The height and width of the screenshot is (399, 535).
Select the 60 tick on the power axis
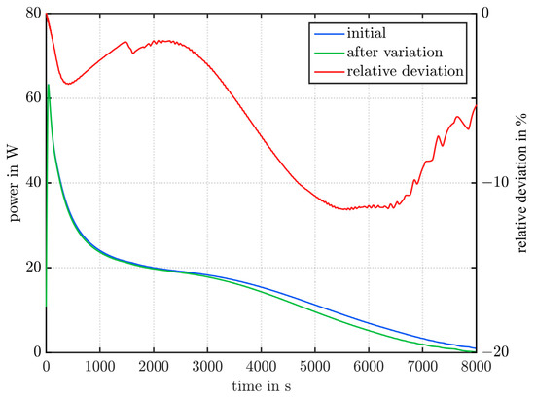(33, 98)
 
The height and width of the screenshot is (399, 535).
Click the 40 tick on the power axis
(33, 183)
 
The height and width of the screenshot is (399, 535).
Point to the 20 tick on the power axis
(33, 268)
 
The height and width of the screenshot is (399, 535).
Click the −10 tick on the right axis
(493, 183)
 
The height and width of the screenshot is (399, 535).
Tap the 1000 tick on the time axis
(100, 367)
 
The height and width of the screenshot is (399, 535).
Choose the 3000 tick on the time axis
(207, 367)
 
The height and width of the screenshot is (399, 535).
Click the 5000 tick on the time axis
(314, 367)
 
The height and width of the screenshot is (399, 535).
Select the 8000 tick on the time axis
(475, 367)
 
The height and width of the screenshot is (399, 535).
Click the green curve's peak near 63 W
(49, 85)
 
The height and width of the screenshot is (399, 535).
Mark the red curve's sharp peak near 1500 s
(126, 41)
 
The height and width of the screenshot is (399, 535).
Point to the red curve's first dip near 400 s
(68, 84)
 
